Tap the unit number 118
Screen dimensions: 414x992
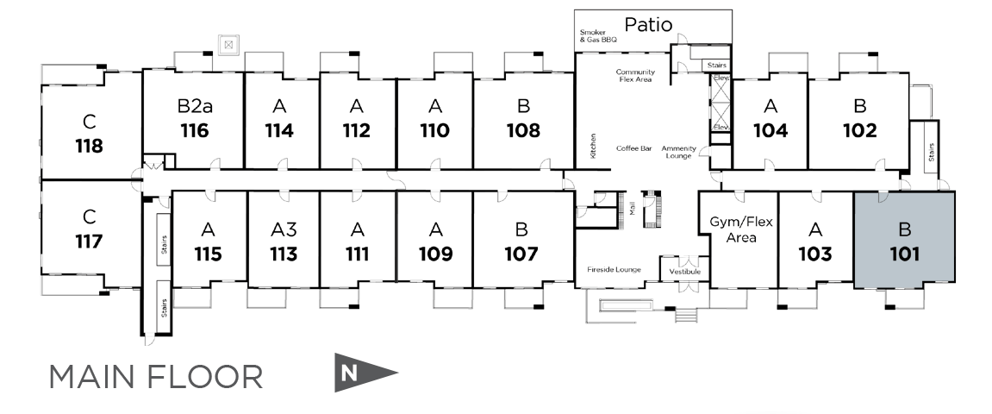tap(89, 146)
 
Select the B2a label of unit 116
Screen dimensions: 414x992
tap(194, 107)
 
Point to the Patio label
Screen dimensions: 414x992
tap(648, 23)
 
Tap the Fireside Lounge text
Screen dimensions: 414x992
tap(613, 270)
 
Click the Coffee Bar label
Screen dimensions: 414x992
tap(633, 148)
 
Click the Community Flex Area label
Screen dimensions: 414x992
tap(635, 76)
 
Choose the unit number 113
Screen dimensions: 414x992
tap(284, 254)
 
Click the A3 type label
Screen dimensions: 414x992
tap(284, 229)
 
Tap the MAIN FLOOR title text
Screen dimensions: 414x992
tap(156, 377)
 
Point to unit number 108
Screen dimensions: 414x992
tap(523, 131)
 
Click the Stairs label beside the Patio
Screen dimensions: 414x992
tap(717, 66)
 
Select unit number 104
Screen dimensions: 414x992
tap(771, 131)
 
